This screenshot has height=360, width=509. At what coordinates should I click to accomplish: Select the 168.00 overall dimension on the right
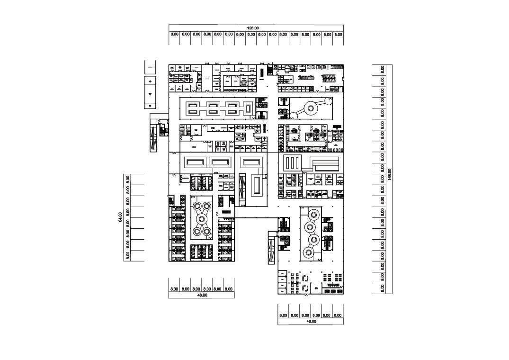click(390, 174)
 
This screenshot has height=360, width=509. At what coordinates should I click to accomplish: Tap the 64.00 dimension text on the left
click(121, 217)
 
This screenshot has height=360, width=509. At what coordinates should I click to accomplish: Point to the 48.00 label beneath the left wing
click(202, 295)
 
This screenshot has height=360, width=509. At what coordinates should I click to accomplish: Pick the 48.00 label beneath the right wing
click(311, 322)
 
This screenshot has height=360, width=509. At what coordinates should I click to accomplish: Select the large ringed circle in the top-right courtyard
click(311, 108)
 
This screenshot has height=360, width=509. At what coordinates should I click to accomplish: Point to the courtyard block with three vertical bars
click(293, 163)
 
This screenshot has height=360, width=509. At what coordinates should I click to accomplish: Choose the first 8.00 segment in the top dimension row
click(174, 35)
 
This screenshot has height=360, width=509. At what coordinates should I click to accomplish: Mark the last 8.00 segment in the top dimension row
click(338, 35)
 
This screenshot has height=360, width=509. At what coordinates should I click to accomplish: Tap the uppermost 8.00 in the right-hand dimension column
click(383, 69)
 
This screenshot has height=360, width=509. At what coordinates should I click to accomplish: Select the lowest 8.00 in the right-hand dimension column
click(383, 287)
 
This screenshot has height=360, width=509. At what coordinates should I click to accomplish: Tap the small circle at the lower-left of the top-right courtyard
click(293, 115)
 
